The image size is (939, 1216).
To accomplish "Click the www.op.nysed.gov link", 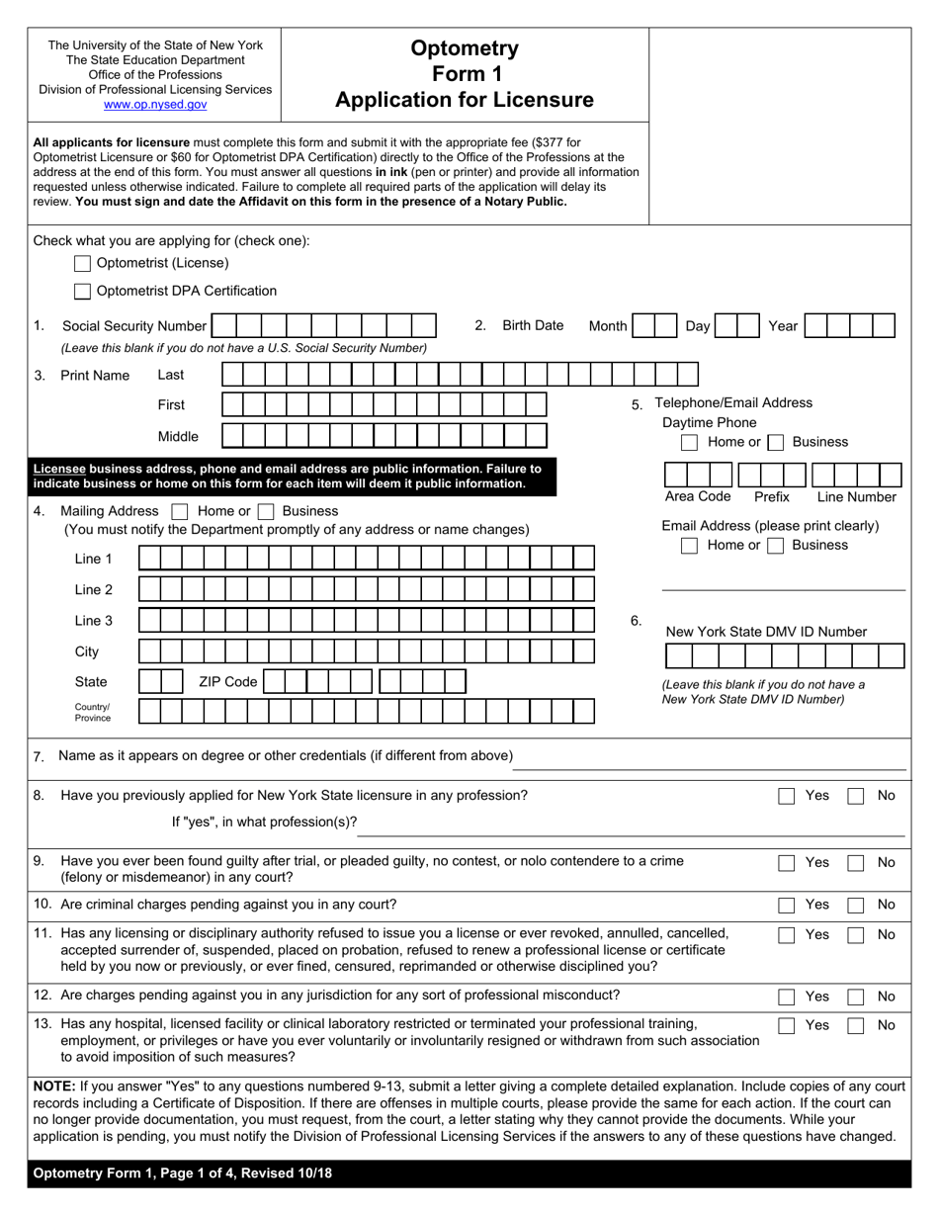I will pos(155,104).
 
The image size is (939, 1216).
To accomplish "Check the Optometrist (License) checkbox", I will pos(83,263).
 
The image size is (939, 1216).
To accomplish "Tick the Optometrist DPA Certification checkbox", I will pos(83,291).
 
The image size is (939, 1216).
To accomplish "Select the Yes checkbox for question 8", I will pos(786,796).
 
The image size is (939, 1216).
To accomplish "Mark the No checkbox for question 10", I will pos(857,905).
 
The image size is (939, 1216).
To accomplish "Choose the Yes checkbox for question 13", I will pos(786,1026).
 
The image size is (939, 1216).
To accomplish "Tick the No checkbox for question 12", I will pos(857,997).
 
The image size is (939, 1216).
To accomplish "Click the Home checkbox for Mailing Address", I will pos(180,512).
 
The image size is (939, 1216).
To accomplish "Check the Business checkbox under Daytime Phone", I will pos(777,442).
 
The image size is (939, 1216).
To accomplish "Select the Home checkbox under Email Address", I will pos(691,545).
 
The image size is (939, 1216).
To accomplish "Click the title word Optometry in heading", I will pos(464,48).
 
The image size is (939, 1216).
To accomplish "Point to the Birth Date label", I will pos(533,326).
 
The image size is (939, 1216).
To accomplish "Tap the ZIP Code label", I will pos(227,682).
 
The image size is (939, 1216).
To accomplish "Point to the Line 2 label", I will pos(94,590).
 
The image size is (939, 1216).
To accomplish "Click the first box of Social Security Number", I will pos(223,326).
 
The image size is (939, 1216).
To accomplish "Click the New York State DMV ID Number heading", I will pos(766,632).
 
